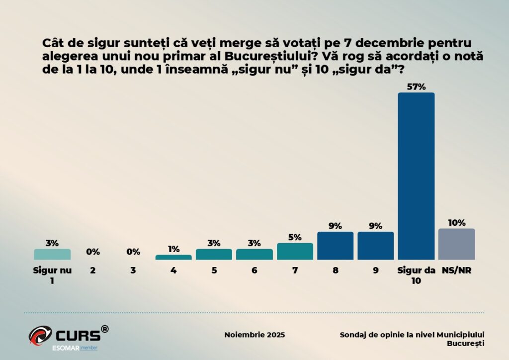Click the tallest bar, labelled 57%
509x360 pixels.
416,176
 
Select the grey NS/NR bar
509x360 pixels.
456,244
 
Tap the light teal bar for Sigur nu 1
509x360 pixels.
52,254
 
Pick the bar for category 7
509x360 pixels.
295,251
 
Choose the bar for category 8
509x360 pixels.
335,246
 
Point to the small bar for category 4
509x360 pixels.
173,257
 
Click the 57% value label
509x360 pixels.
416,87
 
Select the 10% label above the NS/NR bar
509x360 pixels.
456,222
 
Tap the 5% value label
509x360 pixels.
295,237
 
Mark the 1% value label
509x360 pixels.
173,249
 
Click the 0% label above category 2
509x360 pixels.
93,252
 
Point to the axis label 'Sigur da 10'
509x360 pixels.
416,275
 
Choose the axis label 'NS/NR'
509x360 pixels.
456,271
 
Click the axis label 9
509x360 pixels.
375,271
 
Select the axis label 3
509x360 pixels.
133,271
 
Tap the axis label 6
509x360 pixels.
254,271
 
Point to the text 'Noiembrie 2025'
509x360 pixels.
254,335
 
